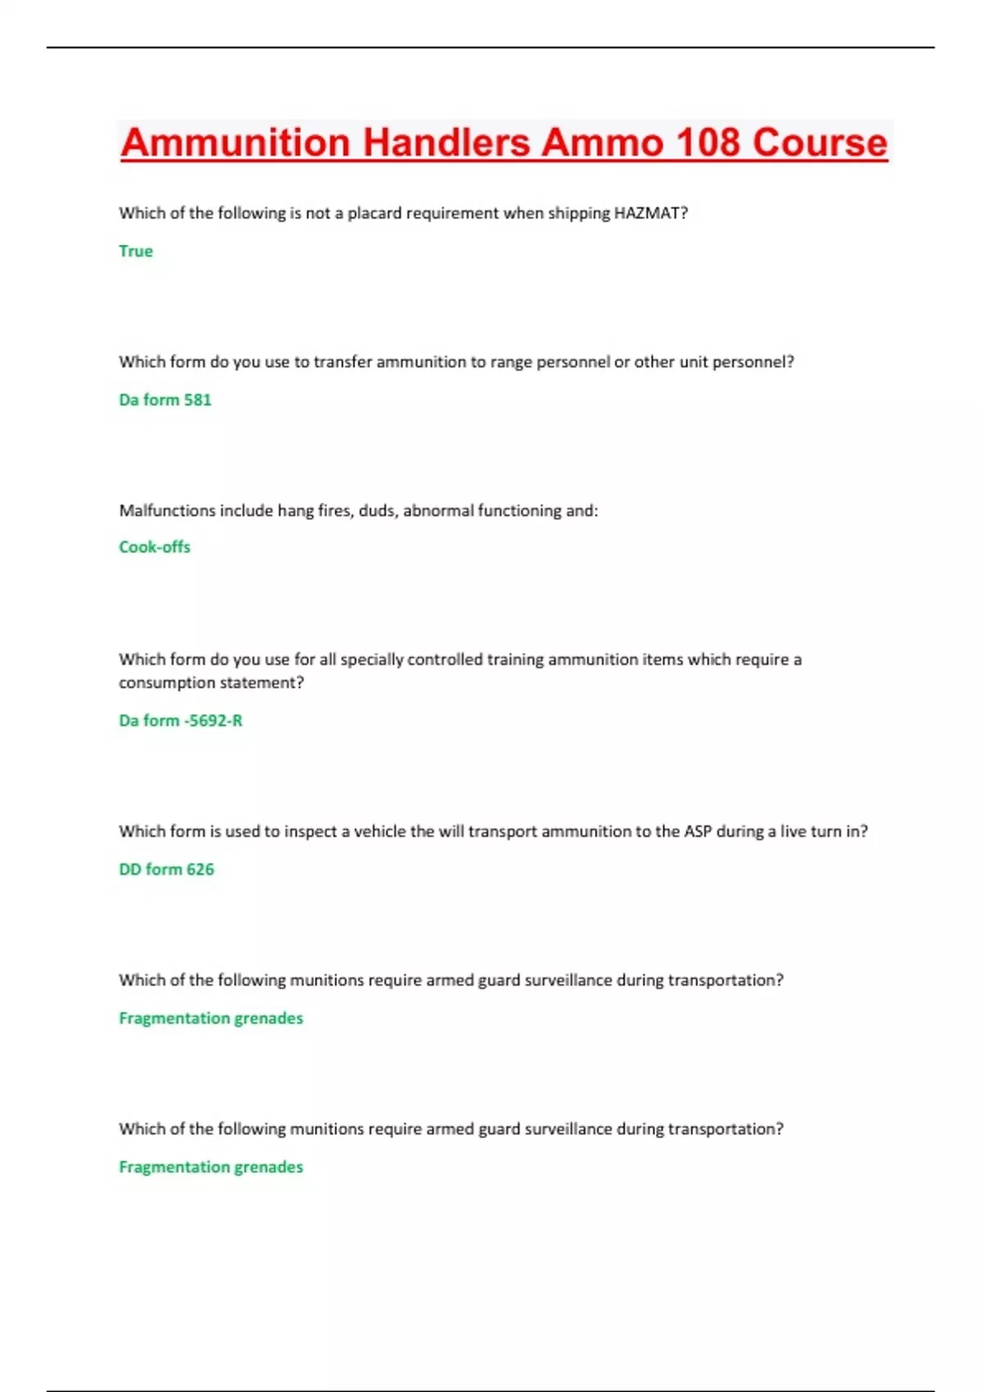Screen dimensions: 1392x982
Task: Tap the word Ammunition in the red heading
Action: click(x=236, y=142)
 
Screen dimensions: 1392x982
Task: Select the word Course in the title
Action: click(x=820, y=142)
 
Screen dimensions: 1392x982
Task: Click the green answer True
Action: click(x=136, y=251)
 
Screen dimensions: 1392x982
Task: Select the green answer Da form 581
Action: click(x=165, y=400)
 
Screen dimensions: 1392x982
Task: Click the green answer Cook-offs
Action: click(x=155, y=547)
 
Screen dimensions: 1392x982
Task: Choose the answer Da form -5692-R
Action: click(x=181, y=721)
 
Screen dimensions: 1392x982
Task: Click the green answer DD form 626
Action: click(x=167, y=870)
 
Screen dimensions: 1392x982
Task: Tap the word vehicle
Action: click(x=380, y=832)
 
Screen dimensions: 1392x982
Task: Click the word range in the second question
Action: click(x=511, y=362)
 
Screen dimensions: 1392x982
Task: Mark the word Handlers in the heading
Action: click(x=447, y=142)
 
